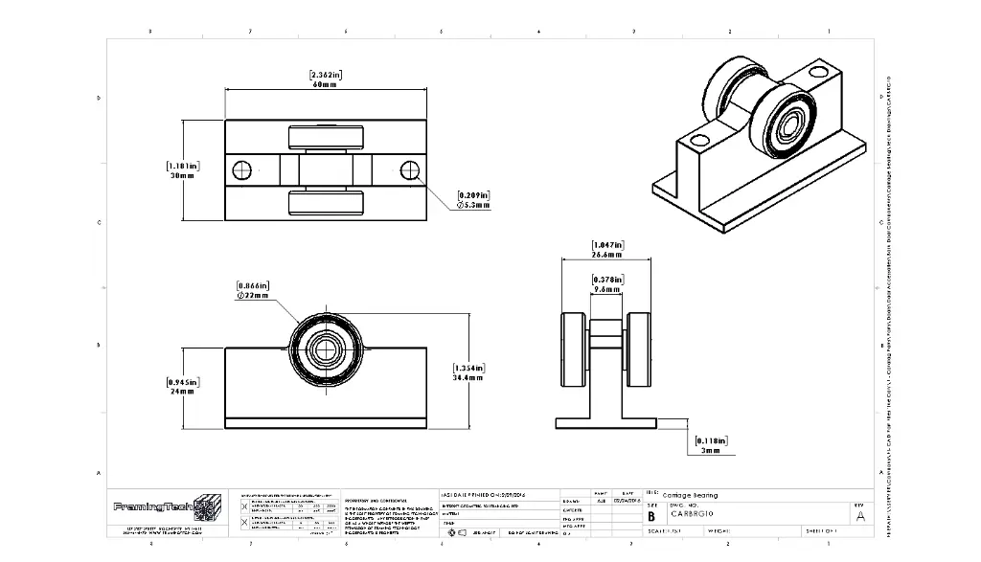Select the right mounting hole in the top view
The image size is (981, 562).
[410, 170]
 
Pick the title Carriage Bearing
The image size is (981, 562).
[690, 496]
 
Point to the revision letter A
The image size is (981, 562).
[860, 516]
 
